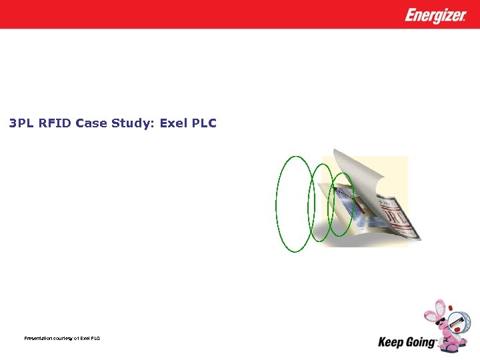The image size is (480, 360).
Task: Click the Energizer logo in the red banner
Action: coord(435,15)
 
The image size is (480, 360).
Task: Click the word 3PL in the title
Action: coord(20,123)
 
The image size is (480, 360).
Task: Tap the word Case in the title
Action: coord(91,123)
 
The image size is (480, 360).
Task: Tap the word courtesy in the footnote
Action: coord(69,339)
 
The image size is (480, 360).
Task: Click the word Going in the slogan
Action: coord(421,342)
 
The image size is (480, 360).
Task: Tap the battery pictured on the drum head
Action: coord(457,322)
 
